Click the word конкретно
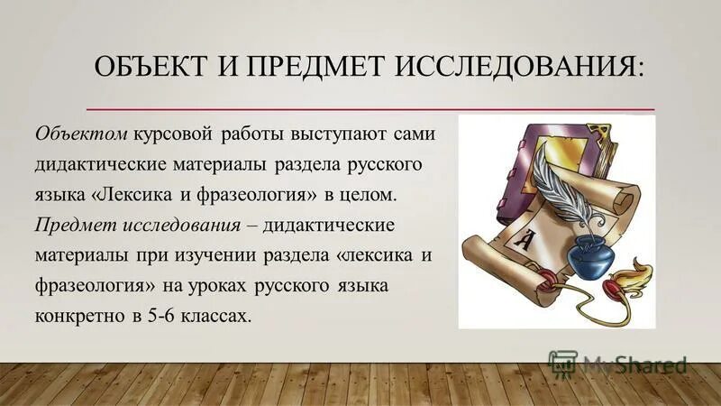pyautogui.click(x=76, y=317)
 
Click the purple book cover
pyautogui.click(x=506, y=163)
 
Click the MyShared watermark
pyautogui.click(x=622, y=365)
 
